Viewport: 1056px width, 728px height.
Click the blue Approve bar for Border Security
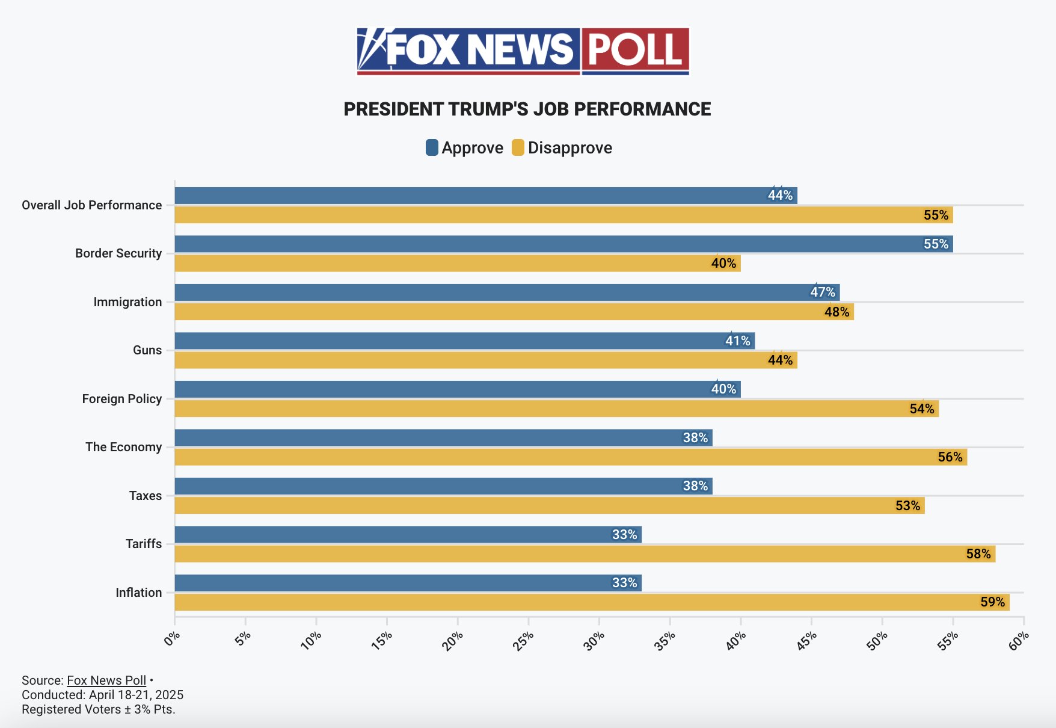563,244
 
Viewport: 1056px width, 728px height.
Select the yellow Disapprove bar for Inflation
592,602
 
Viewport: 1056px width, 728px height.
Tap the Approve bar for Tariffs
408,534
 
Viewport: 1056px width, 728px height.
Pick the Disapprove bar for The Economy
570,457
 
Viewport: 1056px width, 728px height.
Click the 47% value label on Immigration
822,292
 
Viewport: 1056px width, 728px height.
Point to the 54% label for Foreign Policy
921,409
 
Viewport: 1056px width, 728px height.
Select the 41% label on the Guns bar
737,341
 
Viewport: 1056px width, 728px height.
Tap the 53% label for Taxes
907,506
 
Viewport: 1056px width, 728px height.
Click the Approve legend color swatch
432,147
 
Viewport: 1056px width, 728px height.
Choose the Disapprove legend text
569,148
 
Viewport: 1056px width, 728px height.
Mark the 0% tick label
171,638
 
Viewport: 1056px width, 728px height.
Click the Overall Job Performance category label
91,205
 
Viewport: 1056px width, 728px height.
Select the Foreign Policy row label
121,399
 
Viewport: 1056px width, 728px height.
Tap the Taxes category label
145,496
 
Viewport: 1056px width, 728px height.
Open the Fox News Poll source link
106,680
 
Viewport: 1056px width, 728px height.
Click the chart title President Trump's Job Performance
527,110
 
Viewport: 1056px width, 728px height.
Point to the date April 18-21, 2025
136,695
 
